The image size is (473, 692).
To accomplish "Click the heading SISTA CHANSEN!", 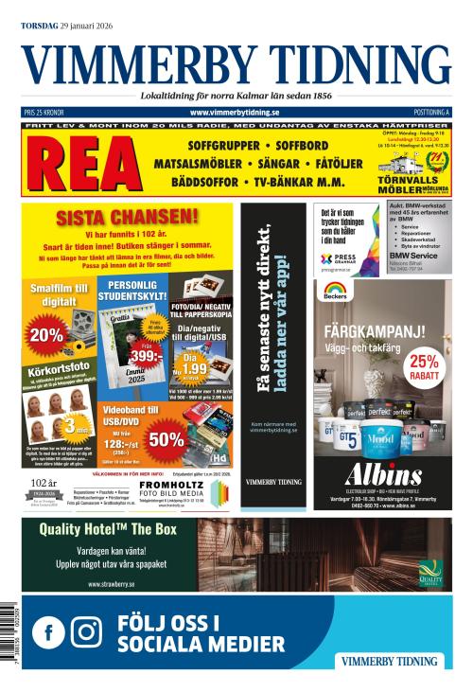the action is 128,217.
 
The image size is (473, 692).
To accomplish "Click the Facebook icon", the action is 48,632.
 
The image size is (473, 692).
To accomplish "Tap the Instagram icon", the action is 86,632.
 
